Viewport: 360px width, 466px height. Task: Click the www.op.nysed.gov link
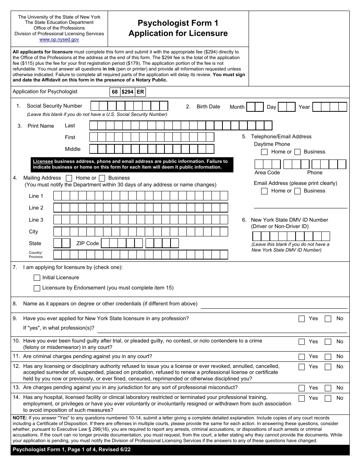click(x=59, y=39)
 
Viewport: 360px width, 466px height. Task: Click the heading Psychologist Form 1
click(x=178, y=23)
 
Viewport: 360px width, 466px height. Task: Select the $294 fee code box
click(x=127, y=92)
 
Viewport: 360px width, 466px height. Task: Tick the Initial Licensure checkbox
click(x=37, y=278)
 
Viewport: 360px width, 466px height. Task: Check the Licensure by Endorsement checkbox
click(x=37, y=288)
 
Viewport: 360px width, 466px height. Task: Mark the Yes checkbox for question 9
click(x=302, y=319)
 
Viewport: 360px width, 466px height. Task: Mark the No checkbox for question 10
click(x=328, y=342)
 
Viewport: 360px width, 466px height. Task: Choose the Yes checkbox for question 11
click(x=302, y=357)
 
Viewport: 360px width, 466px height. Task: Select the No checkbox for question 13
click(x=328, y=388)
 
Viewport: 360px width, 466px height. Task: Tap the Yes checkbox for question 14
click(x=302, y=398)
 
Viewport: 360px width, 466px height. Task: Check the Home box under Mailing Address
click(x=69, y=178)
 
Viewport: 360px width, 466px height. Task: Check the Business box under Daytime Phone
click(x=297, y=152)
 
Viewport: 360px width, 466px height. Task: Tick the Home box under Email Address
click(x=265, y=191)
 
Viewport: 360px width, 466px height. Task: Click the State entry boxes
click(x=62, y=243)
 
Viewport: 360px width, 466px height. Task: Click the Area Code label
click(x=267, y=173)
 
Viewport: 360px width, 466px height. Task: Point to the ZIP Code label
click(x=88, y=244)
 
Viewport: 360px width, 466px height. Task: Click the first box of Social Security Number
click(x=95, y=106)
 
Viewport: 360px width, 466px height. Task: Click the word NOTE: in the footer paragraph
click(x=20, y=418)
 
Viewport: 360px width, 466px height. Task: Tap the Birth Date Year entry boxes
click(x=329, y=107)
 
